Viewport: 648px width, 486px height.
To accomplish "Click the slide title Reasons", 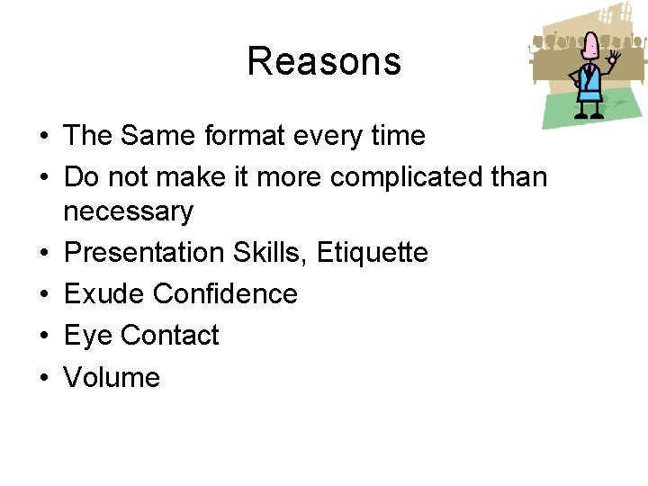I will tap(324, 61).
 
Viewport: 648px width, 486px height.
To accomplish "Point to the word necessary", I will tap(128, 212).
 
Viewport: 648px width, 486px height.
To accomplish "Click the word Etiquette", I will tap(372, 253).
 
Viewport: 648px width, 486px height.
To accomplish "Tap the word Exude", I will tap(103, 294).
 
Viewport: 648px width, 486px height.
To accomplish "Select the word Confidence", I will tap(225, 294).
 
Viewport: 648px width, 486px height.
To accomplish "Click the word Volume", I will tap(112, 377).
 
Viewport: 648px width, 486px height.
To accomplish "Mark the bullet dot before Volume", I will tap(43, 378).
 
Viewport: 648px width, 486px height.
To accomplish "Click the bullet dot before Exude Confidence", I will tap(43, 295).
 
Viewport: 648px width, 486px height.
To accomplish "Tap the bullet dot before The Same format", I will tap(43, 137).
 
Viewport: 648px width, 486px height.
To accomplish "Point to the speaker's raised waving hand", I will tap(616, 61).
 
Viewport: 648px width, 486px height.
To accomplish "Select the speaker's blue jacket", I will tap(589, 85).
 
